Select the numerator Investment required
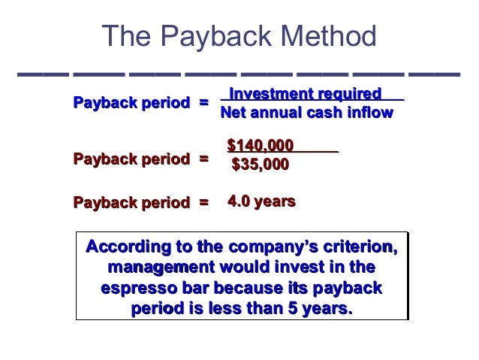pos(306,94)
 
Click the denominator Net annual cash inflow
pos(306,113)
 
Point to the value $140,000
pos(260,145)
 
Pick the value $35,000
pos(260,164)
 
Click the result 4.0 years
pos(261,201)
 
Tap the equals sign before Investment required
pos(203,102)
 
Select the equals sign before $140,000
pos(203,158)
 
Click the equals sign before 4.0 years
pos(203,202)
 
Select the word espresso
pos(138,288)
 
